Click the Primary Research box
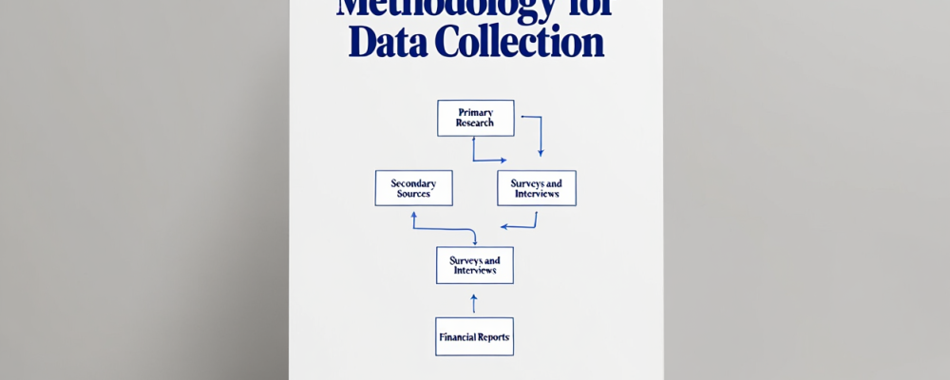click(x=475, y=118)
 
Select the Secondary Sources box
click(x=413, y=187)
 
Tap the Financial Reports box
click(x=474, y=336)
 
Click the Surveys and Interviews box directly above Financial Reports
click(x=474, y=265)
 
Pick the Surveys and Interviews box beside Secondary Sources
click(x=537, y=187)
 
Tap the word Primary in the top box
click(x=475, y=112)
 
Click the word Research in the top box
click(x=475, y=123)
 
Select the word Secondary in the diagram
click(x=413, y=181)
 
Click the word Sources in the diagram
click(x=413, y=193)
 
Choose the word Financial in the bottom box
click(x=458, y=337)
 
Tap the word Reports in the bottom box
click(x=495, y=337)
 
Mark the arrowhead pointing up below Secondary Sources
click(x=413, y=215)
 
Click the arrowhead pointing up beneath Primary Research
click(x=474, y=140)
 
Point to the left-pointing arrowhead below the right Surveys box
click(x=504, y=227)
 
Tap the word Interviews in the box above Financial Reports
click(x=474, y=271)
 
